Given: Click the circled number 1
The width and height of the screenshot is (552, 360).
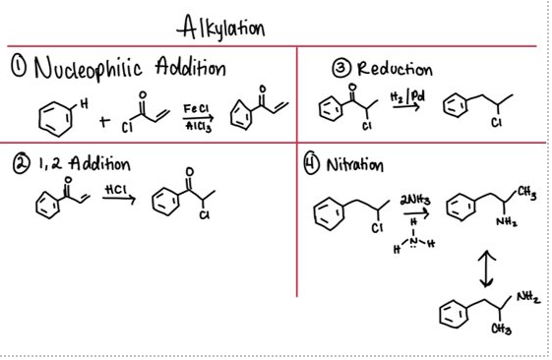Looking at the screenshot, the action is tap(16, 68).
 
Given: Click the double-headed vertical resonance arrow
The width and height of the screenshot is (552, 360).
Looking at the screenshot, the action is tap(487, 267).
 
